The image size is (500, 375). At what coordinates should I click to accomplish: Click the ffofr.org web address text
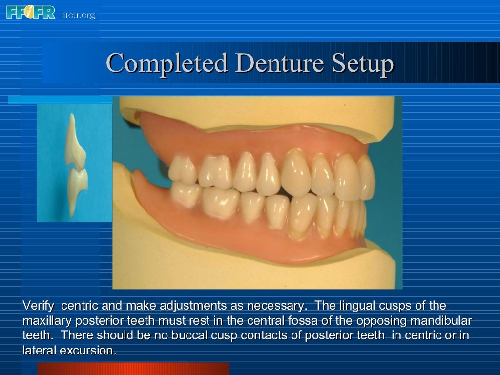79,15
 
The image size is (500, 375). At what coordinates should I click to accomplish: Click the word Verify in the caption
39,306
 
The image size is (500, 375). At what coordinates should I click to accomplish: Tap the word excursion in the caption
92,351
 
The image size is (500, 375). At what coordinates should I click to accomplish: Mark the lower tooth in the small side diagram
77,188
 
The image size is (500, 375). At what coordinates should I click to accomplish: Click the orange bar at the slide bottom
133,368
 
